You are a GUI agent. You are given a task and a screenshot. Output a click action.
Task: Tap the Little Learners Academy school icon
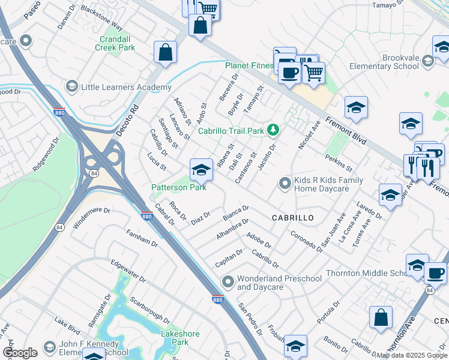(x=72, y=87)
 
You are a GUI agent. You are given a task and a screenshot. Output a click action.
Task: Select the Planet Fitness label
(x=249, y=65)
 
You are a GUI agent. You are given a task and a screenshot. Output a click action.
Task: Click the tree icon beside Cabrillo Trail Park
(x=273, y=130)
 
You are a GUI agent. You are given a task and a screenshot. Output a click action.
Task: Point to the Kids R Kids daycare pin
(x=285, y=184)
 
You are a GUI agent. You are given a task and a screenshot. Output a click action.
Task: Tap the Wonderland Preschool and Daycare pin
(x=228, y=281)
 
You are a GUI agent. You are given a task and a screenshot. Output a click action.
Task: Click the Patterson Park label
(x=178, y=188)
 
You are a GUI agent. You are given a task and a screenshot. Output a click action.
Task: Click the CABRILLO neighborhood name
(x=292, y=218)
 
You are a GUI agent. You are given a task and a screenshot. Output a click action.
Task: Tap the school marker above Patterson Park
(x=201, y=170)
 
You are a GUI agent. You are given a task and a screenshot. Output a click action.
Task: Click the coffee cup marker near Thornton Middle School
(x=435, y=273)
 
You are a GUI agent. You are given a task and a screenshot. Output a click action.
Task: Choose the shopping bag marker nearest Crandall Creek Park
(x=165, y=52)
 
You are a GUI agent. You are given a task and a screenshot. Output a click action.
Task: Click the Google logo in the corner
(x=20, y=353)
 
